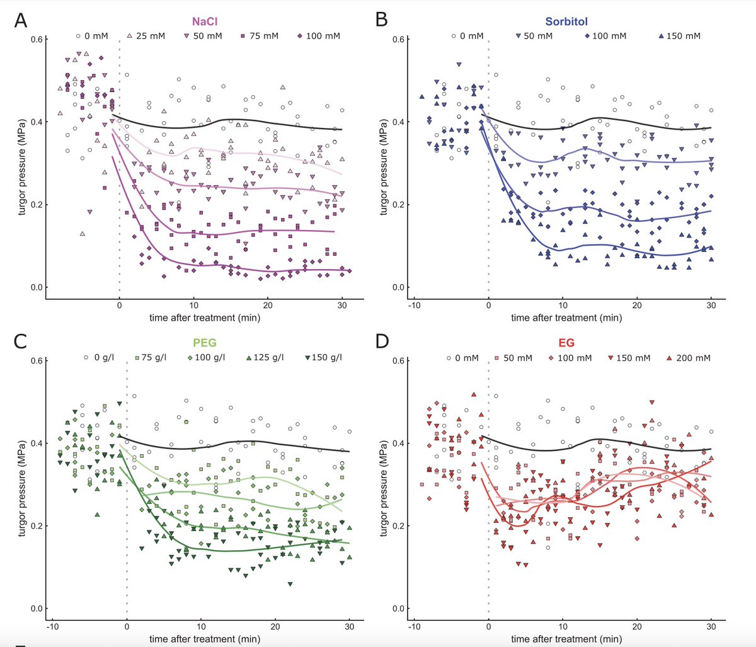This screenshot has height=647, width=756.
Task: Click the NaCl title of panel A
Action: point(205,21)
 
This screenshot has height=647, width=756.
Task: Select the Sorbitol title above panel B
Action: point(566,21)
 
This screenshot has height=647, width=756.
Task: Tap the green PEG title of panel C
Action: point(205,343)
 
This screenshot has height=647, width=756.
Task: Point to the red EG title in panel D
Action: point(566,343)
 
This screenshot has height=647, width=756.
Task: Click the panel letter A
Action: point(21,20)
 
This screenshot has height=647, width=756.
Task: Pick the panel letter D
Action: point(382,341)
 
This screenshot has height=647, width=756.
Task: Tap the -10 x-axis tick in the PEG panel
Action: point(52,626)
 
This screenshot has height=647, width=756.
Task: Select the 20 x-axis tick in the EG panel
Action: point(637,626)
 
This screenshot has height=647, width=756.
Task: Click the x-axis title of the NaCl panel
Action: point(205,318)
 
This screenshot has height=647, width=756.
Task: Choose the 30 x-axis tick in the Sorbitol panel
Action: point(711,305)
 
